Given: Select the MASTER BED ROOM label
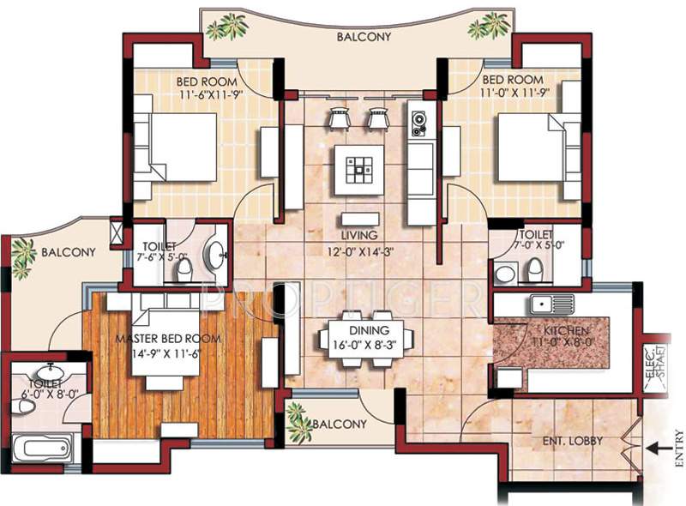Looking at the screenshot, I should [x=168, y=338].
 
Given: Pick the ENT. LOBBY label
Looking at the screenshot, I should [x=572, y=441].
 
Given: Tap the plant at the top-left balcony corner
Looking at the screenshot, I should [x=227, y=27].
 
